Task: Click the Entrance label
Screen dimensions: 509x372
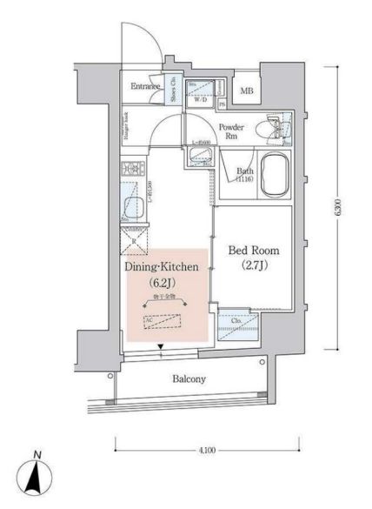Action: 146,86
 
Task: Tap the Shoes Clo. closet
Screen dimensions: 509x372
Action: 174,90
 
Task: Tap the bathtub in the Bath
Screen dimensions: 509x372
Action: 270,174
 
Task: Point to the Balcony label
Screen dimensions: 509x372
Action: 188,379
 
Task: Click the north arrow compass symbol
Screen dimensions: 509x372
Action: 33,481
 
